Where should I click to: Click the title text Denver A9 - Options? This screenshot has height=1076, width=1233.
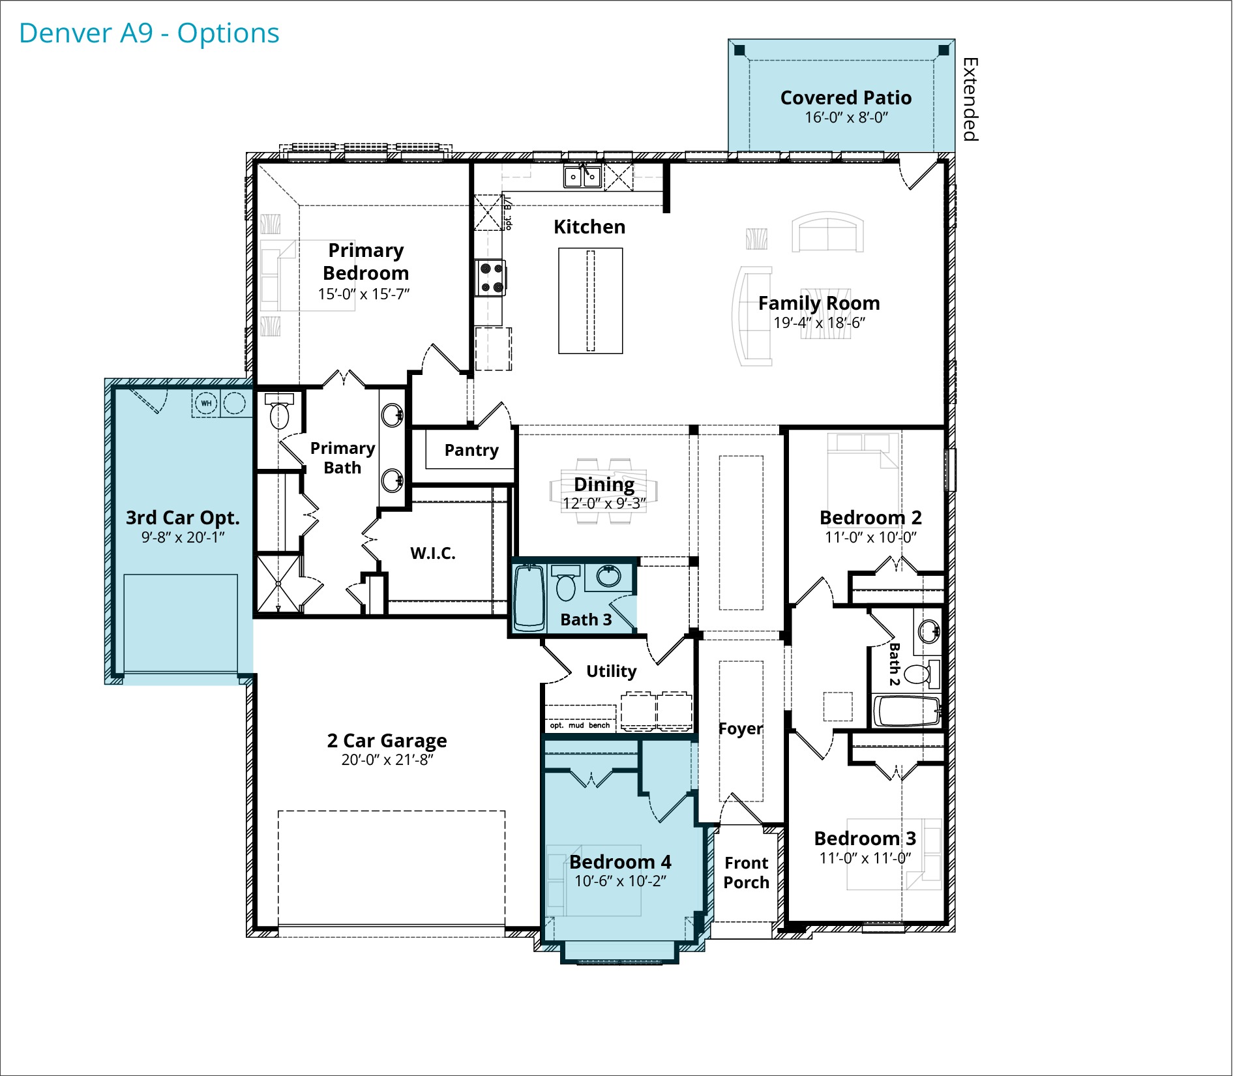pyautogui.click(x=149, y=33)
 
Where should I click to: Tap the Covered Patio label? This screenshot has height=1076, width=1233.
pyautogui.click(x=846, y=98)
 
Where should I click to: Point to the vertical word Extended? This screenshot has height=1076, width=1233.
pyautogui.click(x=970, y=99)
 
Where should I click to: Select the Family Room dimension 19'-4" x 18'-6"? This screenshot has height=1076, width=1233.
pyautogui.click(x=819, y=323)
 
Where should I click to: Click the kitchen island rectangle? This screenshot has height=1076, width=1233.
pyautogui.click(x=590, y=301)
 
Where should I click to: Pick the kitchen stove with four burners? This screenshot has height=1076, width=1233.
pyautogui.click(x=490, y=278)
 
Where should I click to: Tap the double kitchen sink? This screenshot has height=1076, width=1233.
pyautogui.click(x=582, y=176)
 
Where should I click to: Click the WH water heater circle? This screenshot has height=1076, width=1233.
pyautogui.click(x=206, y=403)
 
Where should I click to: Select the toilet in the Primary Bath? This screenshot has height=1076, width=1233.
pyautogui.click(x=279, y=411)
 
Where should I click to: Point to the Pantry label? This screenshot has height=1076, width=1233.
pyautogui.click(x=471, y=450)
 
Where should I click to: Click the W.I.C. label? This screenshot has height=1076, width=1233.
pyautogui.click(x=432, y=553)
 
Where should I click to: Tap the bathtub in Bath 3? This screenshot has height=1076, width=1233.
pyautogui.click(x=529, y=599)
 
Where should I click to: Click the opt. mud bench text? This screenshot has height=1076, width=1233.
pyautogui.click(x=580, y=725)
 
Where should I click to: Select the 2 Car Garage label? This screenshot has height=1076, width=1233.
pyautogui.click(x=387, y=741)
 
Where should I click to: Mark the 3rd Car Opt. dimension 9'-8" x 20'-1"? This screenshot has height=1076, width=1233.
pyautogui.click(x=183, y=537)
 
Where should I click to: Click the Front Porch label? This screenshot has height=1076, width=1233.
pyautogui.click(x=747, y=873)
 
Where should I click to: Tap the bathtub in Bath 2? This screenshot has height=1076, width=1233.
pyautogui.click(x=907, y=711)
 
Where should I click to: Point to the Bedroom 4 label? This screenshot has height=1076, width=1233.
pyautogui.click(x=620, y=862)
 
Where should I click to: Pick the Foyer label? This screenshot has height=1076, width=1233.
pyautogui.click(x=740, y=729)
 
